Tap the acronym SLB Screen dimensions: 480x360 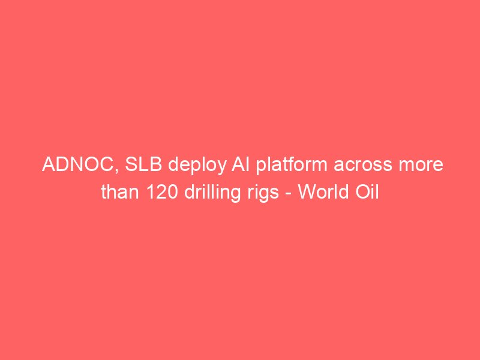[143, 164]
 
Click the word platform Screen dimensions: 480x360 [292, 166]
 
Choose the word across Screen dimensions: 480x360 [363, 166]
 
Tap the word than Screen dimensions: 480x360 [121, 192]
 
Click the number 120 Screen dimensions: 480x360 [162, 192]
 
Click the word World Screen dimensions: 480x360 [323, 192]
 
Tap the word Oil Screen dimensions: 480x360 [367, 192]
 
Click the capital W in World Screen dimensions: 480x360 [307, 192]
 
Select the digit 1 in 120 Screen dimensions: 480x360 [151, 192]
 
